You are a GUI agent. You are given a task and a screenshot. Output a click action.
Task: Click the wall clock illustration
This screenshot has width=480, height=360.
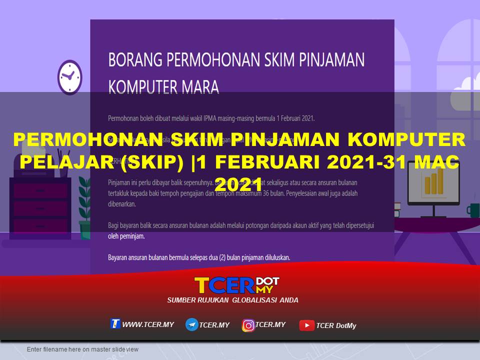tap(69, 77)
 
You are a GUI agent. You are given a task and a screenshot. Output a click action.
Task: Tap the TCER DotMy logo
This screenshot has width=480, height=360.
tap(236, 285)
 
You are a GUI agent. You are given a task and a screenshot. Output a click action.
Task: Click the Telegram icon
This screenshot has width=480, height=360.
tap(191, 325)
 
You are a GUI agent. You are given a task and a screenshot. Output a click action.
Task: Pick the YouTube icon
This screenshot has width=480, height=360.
tap(306, 325)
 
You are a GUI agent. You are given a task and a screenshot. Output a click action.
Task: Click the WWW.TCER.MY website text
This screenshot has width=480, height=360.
tap(148, 324)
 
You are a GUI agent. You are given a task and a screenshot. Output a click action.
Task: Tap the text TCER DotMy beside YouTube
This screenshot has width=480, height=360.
tap(336, 326)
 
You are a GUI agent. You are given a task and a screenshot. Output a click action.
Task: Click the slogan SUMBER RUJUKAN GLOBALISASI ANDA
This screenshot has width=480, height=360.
tap(232, 300)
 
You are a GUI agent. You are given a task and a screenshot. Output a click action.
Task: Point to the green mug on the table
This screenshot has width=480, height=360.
tap(472, 209)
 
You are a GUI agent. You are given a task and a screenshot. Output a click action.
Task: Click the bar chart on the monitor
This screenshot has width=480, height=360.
tap(433, 180)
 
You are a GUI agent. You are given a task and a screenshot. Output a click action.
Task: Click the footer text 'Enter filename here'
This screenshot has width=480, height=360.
tap(82, 349)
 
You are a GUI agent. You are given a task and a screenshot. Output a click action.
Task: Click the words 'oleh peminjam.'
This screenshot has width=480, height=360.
tap(126, 236)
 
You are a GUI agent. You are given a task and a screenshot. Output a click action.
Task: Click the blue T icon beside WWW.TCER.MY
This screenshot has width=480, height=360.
tap(115, 324)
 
